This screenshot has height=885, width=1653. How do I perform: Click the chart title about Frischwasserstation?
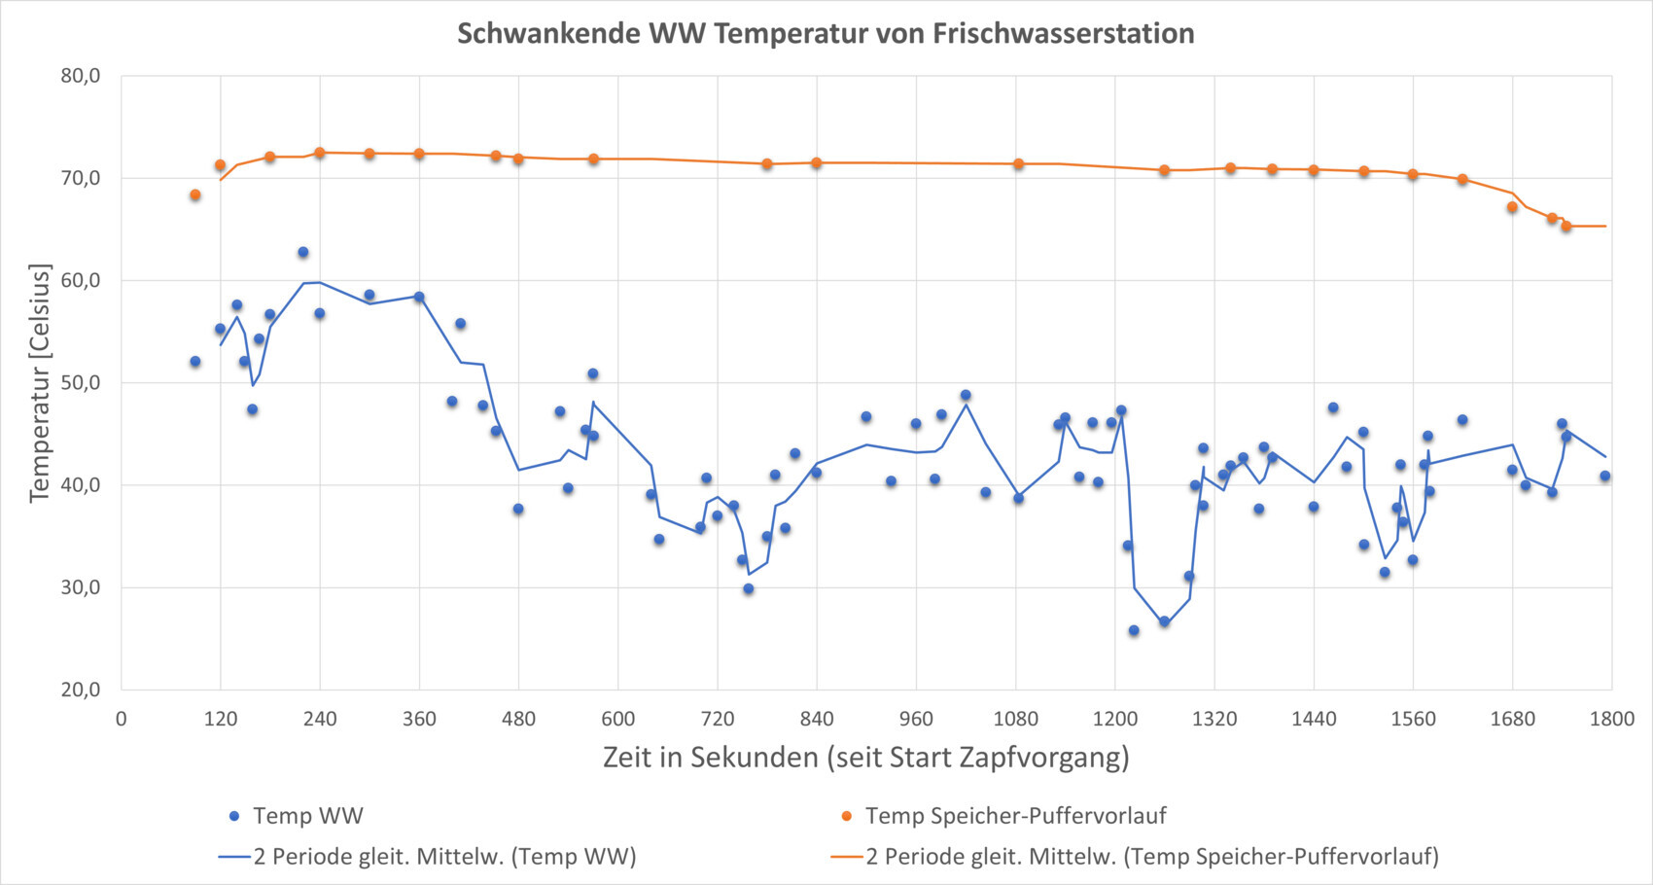pyautogui.click(x=826, y=34)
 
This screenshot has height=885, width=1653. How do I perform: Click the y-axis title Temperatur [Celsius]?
pyautogui.click(x=40, y=382)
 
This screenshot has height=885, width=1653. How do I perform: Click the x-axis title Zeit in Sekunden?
pyautogui.click(x=865, y=758)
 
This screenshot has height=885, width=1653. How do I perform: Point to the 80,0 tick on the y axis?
pyautogui.click(x=81, y=76)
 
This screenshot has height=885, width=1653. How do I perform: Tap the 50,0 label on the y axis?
pyautogui.click(x=81, y=382)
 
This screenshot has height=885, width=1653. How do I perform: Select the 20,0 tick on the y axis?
pyautogui.click(x=81, y=690)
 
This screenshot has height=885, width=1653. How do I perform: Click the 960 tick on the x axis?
pyautogui.click(x=916, y=720)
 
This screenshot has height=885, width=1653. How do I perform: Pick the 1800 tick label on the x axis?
pyautogui.click(x=1611, y=720)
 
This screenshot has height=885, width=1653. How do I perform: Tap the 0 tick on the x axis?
pyautogui.click(x=122, y=720)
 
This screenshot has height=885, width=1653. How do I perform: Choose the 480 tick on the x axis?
pyautogui.click(x=518, y=720)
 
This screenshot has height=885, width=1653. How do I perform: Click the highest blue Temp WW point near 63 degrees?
pyautogui.click(x=302, y=253)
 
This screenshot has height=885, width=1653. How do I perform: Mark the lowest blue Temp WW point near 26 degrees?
pyautogui.click(x=1133, y=631)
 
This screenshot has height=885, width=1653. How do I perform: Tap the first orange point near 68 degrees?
pyautogui.click(x=194, y=195)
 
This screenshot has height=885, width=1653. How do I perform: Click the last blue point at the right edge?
pyautogui.click(x=1605, y=477)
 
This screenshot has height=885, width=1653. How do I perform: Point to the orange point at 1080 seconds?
pyautogui.click(x=1018, y=164)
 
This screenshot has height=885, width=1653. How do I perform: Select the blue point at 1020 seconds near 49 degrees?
pyautogui.click(x=966, y=396)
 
